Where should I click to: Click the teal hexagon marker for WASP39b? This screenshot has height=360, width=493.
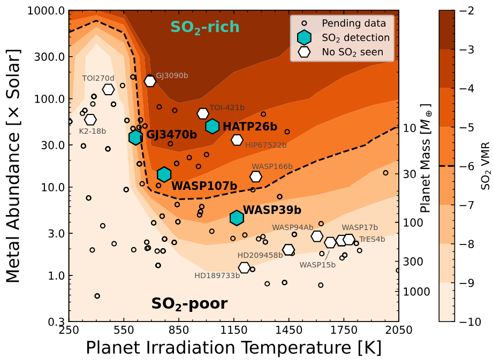[x=237, y=218]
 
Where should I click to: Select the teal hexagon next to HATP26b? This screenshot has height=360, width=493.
[x=213, y=126]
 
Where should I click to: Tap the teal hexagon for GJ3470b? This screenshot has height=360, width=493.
[x=136, y=137]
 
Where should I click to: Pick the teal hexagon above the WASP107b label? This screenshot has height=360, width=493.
[x=164, y=174]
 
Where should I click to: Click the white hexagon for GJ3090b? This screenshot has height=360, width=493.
[x=150, y=81]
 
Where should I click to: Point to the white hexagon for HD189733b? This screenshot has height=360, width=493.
[x=245, y=267]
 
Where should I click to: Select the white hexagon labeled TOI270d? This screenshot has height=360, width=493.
[x=108, y=89]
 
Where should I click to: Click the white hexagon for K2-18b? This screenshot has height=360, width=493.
[x=90, y=119]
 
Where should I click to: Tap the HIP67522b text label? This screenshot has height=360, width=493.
[x=266, y=145]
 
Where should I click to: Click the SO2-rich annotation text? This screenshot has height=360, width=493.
[x=204, y=27]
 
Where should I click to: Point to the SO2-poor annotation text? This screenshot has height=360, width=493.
[x=189, y=304]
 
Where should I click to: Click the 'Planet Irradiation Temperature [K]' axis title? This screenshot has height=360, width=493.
[x=233, y=348]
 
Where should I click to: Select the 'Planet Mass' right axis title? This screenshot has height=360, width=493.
[x=426, y=166]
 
